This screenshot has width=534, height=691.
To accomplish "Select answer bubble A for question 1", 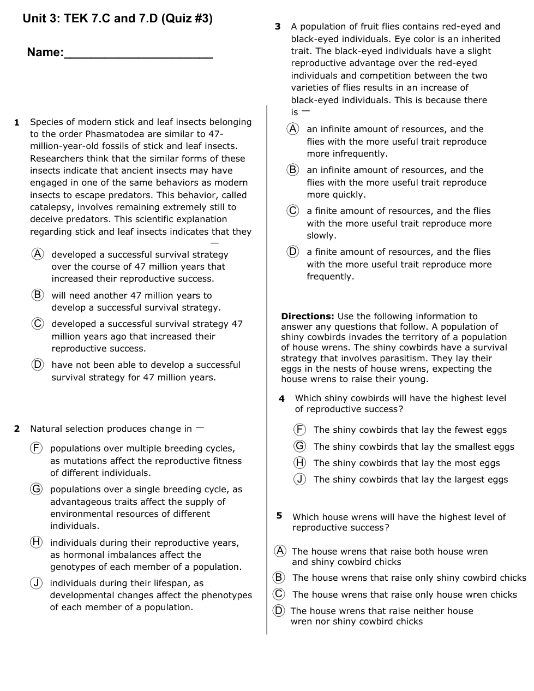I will click(37, 254).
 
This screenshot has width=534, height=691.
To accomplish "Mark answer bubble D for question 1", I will click(37, 364).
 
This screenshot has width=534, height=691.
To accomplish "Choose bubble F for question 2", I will click(36, 448).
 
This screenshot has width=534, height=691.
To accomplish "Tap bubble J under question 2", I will click(36, 583).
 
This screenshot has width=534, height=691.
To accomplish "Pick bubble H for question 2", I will click(36, 542).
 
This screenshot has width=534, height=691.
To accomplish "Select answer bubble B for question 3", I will click(293, 170).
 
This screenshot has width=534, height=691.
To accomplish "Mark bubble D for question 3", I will click(293, 252).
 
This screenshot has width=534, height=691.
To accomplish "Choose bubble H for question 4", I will click(300, 463).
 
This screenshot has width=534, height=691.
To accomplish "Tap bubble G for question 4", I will click(300, 446).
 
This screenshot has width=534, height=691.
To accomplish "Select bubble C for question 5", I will click(279, 594).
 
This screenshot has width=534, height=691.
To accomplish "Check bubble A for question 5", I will click(280, 551).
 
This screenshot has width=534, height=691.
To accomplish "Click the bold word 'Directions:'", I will click(308, 317).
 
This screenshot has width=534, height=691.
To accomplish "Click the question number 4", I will click(281, 399).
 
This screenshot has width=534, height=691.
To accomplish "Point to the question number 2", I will click(17, 429).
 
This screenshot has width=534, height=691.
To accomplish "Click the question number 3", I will click(278, 27).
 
